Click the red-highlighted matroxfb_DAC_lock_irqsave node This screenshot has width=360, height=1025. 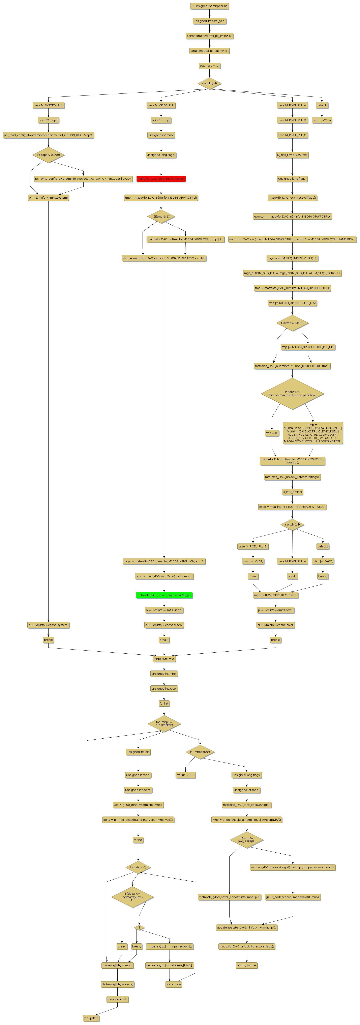[x=161, y=179]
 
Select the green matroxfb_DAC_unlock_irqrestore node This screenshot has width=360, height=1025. [x=164, y=595]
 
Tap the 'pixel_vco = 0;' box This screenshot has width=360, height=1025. [x=210, y=66]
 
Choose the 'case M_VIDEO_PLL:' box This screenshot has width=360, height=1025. [x=161, y=106]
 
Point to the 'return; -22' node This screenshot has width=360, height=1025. [x=322, y=120]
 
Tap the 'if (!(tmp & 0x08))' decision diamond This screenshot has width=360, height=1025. [x=292, y=323]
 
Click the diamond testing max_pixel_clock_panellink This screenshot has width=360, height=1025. [x=292, y=394]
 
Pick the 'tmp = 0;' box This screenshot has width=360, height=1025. [x=272, y=433]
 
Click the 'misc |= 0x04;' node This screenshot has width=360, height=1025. [x=253, y=561]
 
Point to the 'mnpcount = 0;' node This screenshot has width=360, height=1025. [x=164, y=659]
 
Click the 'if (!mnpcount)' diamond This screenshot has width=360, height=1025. [x=200, y=752]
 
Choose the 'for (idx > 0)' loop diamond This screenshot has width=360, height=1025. [x=138, y=867]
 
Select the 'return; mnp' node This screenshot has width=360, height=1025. [x=247, y=965]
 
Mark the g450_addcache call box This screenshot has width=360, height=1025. [x=293, y=897]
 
